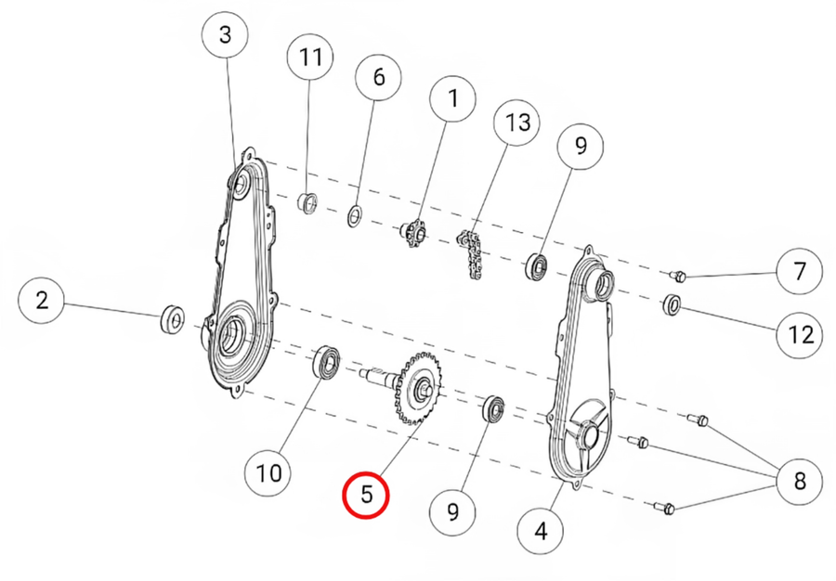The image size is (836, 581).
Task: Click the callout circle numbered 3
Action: point(226,35)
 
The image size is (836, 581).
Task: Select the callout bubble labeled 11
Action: point(311,57)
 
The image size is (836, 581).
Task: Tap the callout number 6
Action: point(379,77)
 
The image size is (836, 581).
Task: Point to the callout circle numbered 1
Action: point(453,98)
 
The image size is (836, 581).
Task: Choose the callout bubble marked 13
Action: point(516,122)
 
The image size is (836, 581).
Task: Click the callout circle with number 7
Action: point(799,271)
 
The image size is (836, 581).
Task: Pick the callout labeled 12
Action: point(799,335)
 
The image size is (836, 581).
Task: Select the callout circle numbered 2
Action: point(42,301)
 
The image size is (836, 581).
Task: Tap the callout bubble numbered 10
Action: point(268,472)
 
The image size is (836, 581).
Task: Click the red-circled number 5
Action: point(366,495)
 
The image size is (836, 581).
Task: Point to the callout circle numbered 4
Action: point(541,530)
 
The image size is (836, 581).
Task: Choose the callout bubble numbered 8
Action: point(799,481)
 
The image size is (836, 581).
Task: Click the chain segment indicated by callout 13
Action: point(470,254)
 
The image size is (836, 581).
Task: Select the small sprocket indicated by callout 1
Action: point(413,233)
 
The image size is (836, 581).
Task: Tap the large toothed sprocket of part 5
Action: point(419,388)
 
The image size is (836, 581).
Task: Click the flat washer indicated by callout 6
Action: point(355,215)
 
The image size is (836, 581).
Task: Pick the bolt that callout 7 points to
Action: point(677,276)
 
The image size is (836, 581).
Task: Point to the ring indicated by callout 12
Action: point(672,304)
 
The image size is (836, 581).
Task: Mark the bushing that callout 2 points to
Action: point(172,319)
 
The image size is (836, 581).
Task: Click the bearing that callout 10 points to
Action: point(325,363)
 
